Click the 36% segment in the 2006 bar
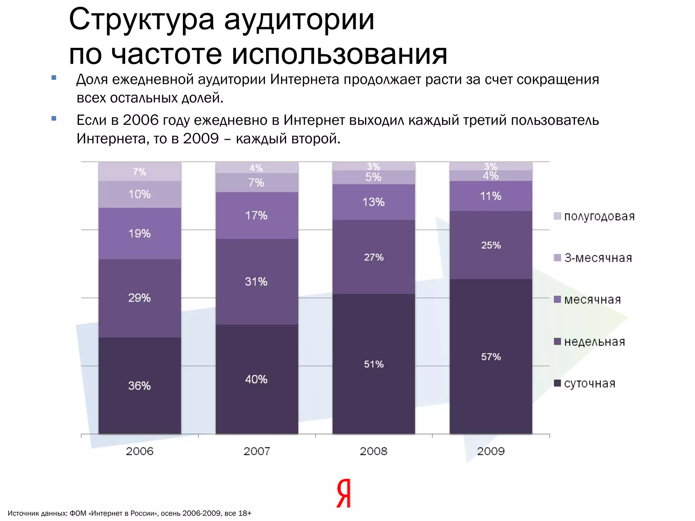(x=139, y=386)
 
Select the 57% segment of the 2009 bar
(x=491, y=357)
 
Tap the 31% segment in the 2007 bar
(x=256, y=282)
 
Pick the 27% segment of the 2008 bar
(x=374, y=257)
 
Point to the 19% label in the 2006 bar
(x=139, y=233)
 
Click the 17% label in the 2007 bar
(x=256, y=215)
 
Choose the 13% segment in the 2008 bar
(x=374, y=202)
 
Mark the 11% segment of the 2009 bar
(x=491, y=196)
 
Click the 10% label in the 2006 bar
(x=139, y=194)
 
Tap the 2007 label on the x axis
(x=257, y=451)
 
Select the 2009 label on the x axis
(x=491, y=451)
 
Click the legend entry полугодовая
(x=599, y=216)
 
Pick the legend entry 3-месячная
(x=598, y=258)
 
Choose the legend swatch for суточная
(x=557, y=383)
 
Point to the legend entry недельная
(x=594, y=342)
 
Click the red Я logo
(x=344, y=494)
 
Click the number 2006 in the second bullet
(x=141, y=120)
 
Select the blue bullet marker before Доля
(x=54, y=78)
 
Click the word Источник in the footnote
(x=22, y=513)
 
